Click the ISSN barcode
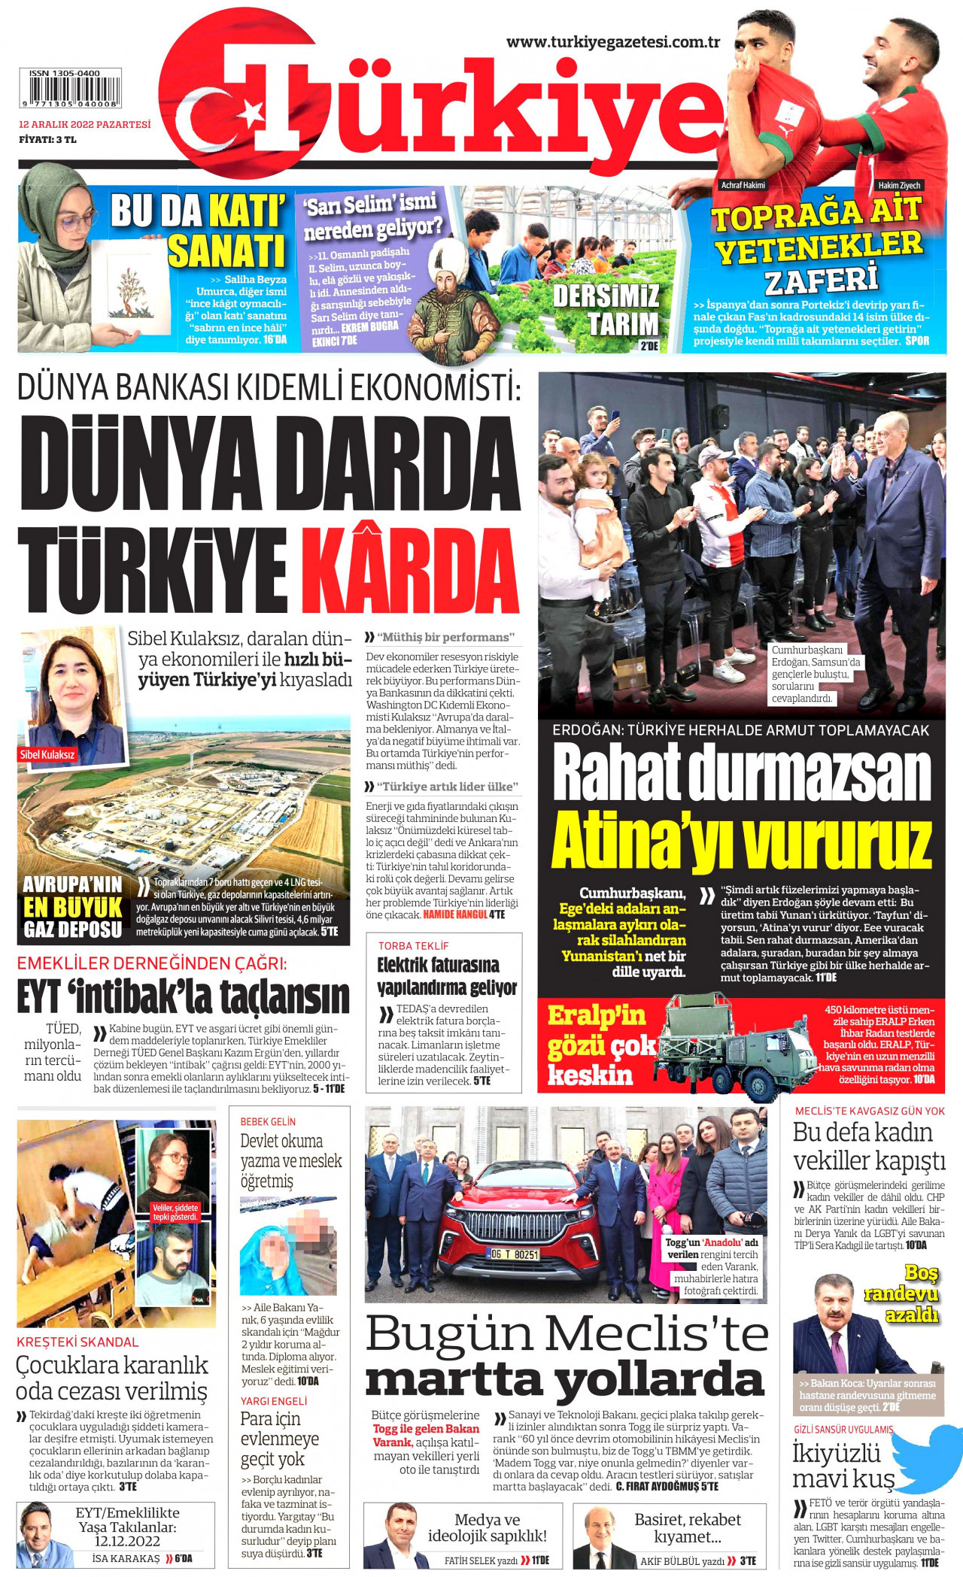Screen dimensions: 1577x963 70,89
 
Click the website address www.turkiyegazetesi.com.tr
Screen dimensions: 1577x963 613,42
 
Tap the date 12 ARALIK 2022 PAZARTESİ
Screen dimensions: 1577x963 84,124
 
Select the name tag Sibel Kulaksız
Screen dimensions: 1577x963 47,754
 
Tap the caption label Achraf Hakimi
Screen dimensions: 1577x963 743,185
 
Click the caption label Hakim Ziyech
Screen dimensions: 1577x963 899,185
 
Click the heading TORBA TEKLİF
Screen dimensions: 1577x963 413,945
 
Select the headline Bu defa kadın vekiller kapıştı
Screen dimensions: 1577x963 868,1147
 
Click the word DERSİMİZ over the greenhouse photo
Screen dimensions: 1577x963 606,296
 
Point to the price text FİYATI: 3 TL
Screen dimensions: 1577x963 47,139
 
